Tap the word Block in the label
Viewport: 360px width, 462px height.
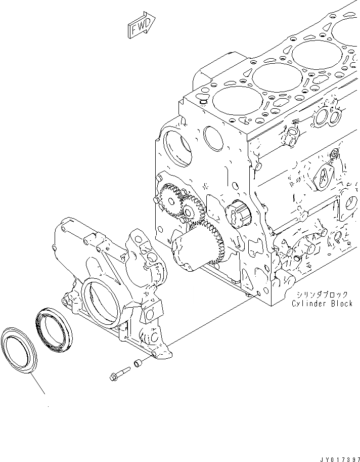coord(342,304)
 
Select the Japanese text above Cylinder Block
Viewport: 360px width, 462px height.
coord(323,295)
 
